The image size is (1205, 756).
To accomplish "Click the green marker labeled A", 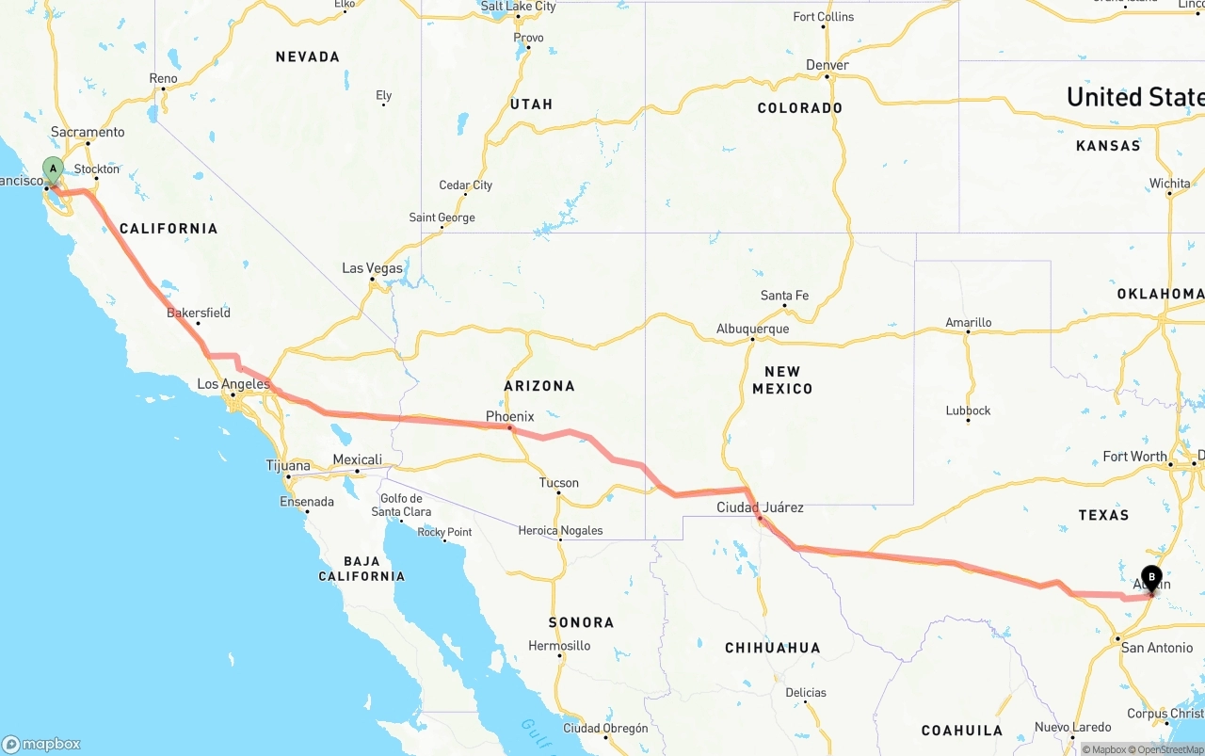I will coord(54,170).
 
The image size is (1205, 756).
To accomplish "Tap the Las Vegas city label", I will coord(372,268).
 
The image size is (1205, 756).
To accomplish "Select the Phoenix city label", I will coord(509,416).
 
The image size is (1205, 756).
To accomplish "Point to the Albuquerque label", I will coord(752,329).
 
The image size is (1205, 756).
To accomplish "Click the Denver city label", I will coord(827,65).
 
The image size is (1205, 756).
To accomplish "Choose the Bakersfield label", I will coord(198,313).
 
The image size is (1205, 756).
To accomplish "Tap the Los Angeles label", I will coord(233,384).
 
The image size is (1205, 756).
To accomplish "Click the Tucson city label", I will coord(558,483).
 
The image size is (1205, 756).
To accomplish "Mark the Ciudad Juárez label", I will coord(760,507).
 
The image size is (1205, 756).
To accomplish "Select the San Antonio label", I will coord(1157,648).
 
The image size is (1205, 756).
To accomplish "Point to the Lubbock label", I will coord(968,410).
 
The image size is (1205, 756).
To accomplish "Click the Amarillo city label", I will coord(968,323).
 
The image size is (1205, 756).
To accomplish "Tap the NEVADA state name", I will coord(307,57).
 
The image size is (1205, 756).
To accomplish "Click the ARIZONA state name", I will coord(538,386).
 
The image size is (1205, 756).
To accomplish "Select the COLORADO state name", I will coord(799,108).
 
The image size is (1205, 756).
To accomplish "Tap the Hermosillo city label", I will coord(559,646).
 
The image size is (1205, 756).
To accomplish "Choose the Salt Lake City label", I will coord(518,7).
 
